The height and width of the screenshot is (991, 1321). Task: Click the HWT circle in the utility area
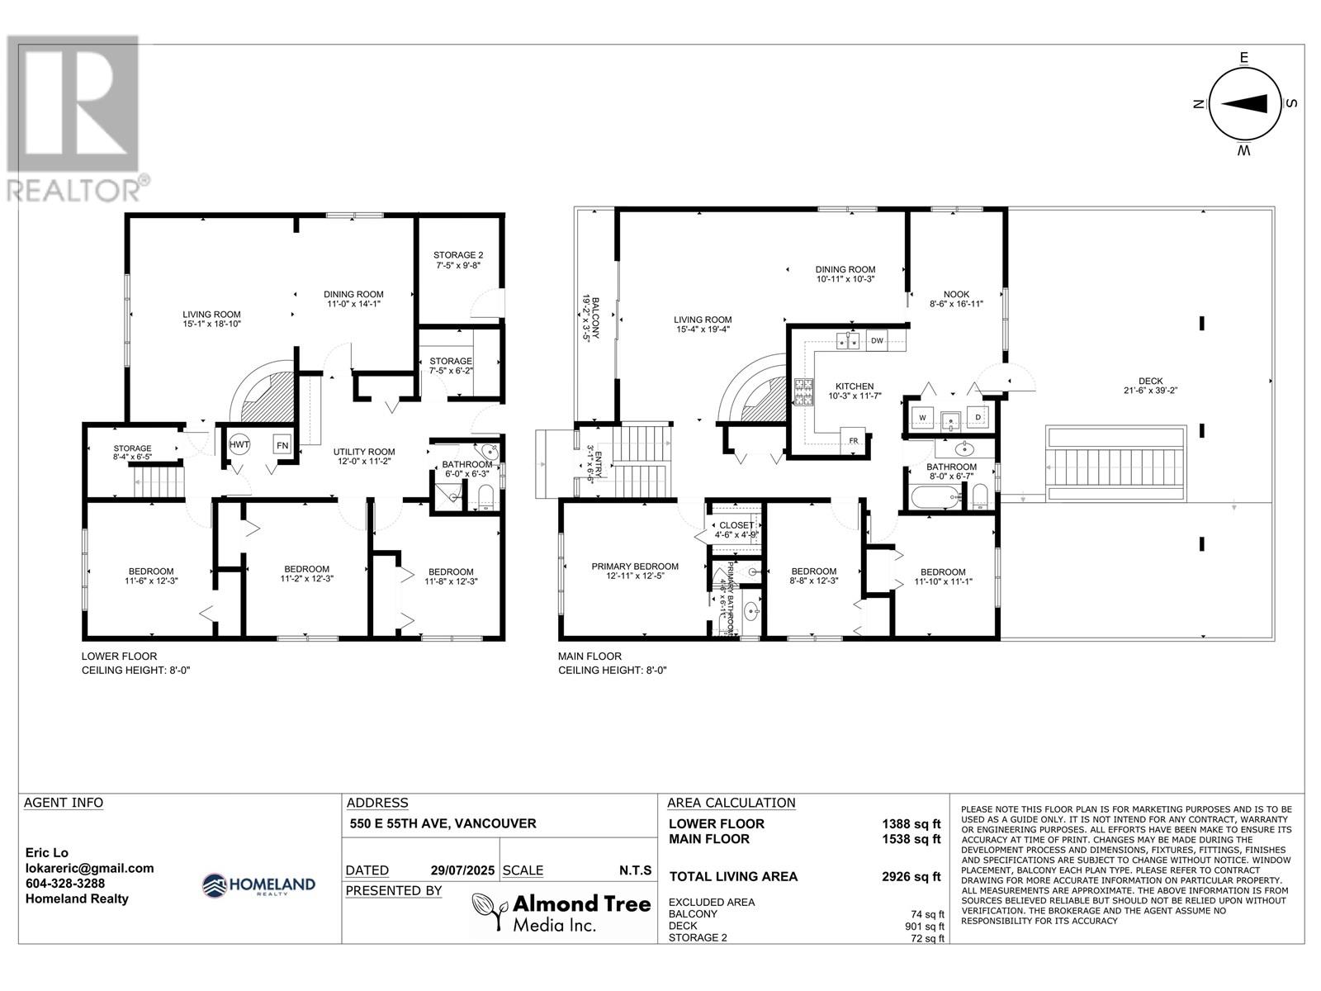(x=239, y=444)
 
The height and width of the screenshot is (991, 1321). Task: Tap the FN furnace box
(x=282, y=444)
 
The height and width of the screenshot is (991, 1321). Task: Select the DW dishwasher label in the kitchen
(x=877, y=340)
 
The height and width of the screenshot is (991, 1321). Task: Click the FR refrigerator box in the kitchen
(x=853, y=439)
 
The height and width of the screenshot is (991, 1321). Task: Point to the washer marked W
(x=922, y=418)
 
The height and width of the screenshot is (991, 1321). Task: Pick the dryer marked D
(x=978, y=418)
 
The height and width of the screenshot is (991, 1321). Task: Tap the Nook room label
(x=956, y=294)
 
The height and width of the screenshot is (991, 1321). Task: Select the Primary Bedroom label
(x=634, y=567)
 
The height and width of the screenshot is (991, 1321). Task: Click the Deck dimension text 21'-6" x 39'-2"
(x=1150, y=391)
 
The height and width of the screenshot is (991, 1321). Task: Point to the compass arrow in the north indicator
(x=1243, y=103)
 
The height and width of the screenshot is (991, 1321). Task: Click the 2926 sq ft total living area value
(x=911, y=876)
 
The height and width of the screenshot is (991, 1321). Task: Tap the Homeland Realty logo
(x=259, y=885)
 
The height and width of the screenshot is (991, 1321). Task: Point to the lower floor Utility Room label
(x=363, y=452)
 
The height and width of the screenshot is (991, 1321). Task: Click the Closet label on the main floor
(x=736, y=525)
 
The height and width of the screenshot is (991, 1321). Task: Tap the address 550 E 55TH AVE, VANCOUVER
(x=443, y=823)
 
